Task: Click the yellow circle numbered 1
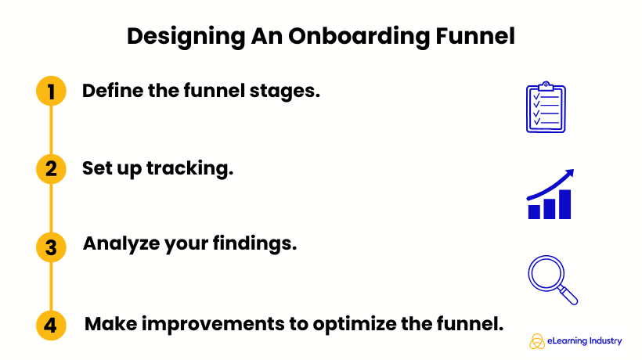pos(51,92)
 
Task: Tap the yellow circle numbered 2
pos(51,169)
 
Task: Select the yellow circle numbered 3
pos(51,247)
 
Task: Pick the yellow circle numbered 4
pos(51,325)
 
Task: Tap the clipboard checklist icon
pos(545,107)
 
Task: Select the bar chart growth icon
pos(550,195)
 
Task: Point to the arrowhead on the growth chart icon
pos(569,174)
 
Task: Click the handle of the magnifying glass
pos(569,297)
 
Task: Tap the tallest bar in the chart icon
pos(564,204)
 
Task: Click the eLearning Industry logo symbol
pos(537,340)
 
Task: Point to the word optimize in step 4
pos(362,323)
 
